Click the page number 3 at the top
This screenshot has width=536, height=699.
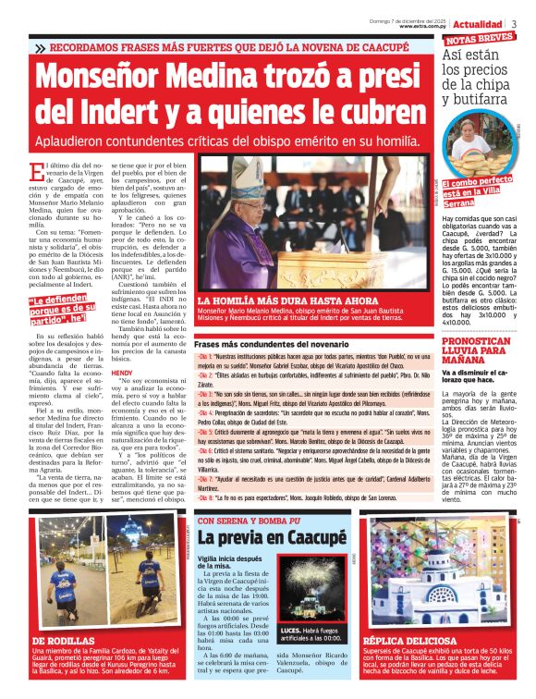(514, 24)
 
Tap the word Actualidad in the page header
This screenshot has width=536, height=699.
(478, 24)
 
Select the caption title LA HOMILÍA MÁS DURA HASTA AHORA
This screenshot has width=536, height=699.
(274, 300)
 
